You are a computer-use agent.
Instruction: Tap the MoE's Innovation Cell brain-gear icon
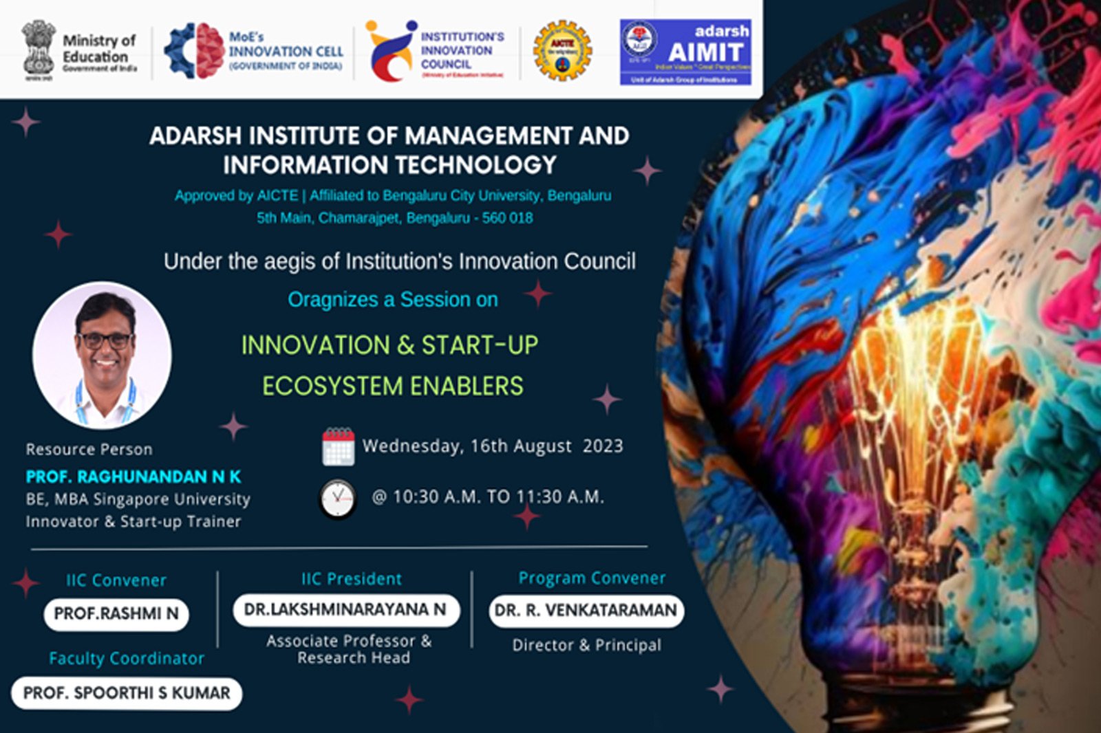click(194, 50)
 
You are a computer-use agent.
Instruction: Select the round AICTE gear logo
click(562, 50)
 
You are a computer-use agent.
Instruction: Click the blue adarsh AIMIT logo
click(685, 52)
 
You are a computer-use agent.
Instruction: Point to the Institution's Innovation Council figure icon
click(390, 50)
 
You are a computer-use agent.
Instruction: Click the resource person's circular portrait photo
click(102, 355)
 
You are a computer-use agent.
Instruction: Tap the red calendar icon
click(338, 447)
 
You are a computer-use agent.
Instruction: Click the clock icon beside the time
click(338, 499)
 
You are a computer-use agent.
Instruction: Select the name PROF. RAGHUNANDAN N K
click(133, 477)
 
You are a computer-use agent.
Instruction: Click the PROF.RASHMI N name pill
click(116, 613)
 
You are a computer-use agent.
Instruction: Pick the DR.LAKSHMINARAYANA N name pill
click(345, 610)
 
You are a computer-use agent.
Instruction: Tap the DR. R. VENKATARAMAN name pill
click(586, 611)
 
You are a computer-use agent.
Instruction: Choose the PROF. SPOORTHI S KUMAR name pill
click(127, 693)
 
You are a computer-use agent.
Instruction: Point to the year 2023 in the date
click(602, 446)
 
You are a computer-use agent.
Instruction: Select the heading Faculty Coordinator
click(127, 659)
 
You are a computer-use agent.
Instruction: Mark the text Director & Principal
click(586, 645)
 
